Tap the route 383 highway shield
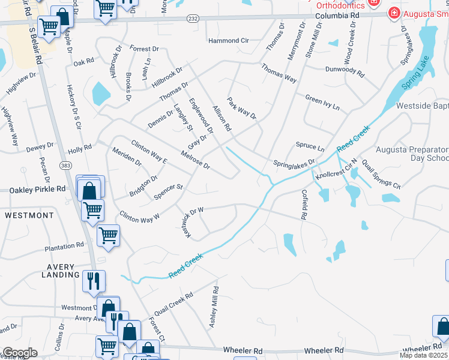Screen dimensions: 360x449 pos(65,165)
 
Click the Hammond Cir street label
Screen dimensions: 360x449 pos(228,41)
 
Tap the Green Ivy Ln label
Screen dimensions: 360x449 pos(322,103)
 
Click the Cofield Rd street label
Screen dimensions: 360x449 pos(304,204)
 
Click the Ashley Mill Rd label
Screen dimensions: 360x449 pos(213,306)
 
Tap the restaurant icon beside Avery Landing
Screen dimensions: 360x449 pos(94,280)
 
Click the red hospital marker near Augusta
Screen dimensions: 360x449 pos(394,13)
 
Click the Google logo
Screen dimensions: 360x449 pos(20,353)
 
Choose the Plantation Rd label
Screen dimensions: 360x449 pos(64,246)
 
